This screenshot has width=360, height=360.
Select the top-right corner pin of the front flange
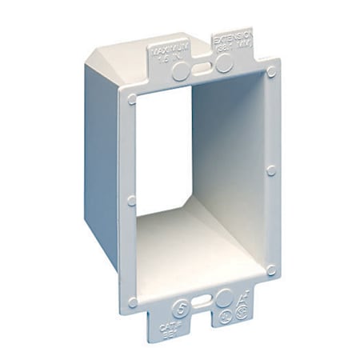(272, 72)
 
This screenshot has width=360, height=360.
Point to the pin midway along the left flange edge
(132, 200)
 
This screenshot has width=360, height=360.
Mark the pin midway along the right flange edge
(271, 170)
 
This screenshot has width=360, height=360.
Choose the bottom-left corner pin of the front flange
(133, 302)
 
